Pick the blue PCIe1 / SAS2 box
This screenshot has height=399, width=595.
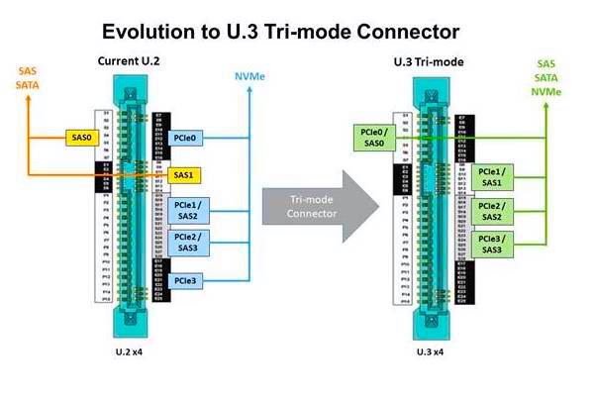187,210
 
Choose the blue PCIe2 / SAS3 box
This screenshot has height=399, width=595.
187,242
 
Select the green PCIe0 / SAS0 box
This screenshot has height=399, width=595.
374,138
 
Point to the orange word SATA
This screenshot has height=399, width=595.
27,85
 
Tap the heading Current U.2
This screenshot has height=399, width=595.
130,62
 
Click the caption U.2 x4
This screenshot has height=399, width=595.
131,351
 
